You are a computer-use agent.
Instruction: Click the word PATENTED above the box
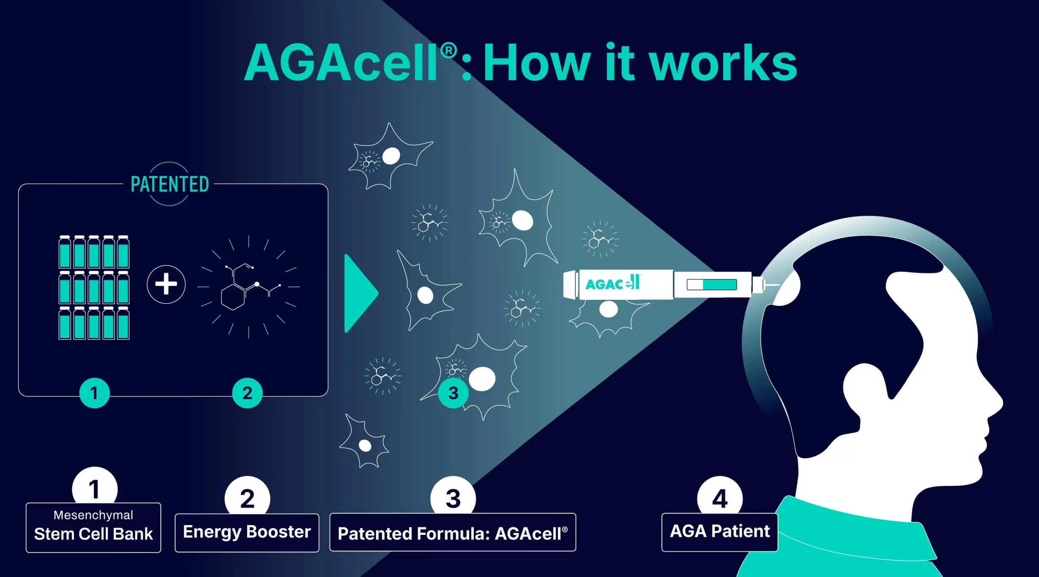click(x=170, y=185)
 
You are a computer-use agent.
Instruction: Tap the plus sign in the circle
click(x=166, y=284)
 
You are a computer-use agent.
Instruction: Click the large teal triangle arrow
click(x=359, y=293)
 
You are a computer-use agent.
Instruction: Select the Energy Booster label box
click(x=247, y=532)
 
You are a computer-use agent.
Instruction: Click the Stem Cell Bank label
click(x=93, y=534)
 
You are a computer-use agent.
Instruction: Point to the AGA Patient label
click(x=720, y=532)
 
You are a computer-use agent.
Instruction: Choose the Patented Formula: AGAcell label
click(x=453, y=533)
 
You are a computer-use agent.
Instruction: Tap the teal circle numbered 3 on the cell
click(x=453, y=393)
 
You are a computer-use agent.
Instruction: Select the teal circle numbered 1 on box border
click(x=94, y=393)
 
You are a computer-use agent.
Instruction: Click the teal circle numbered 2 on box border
click(x=247, y=393)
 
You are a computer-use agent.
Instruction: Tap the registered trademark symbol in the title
click(x=448, y=51)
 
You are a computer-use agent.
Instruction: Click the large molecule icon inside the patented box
click(x=249, y=286)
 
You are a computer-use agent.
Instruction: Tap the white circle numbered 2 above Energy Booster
click(x=247, y=497)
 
